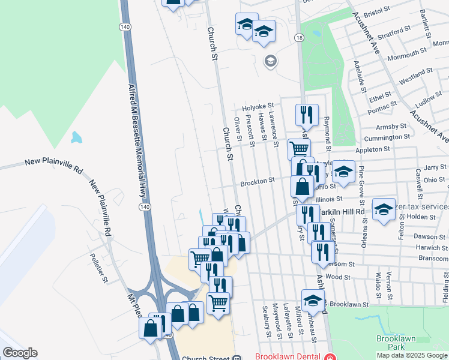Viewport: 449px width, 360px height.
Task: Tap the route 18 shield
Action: click(299, 38)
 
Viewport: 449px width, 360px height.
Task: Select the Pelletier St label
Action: click(100, 268)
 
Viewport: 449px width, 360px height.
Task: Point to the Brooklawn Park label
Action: click(393, 343)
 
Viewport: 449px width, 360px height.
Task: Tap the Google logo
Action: click(20, 353)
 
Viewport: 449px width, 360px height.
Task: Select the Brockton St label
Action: click(258, 180)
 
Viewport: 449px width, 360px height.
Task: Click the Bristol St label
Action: click(377, 11)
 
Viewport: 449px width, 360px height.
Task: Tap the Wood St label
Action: click(339, 277)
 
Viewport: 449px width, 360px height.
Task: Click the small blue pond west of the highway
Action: click(76, 137)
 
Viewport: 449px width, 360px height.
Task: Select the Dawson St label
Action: click(424, 236)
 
